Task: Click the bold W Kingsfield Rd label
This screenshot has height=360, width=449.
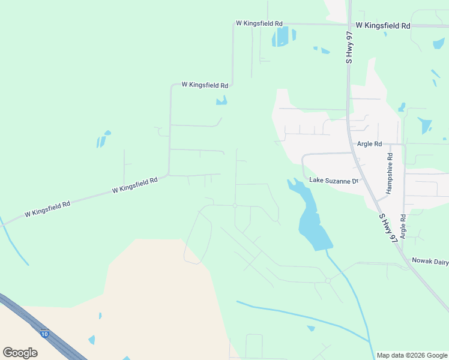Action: [382, 26]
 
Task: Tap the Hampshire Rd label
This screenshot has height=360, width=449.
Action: [389, 177]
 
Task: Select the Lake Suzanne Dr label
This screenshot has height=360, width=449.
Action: [334, 180]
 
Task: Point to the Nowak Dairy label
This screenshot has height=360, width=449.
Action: [430, 260]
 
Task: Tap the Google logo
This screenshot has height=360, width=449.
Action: [20, 353]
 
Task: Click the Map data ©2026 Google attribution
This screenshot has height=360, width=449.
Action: [412, 355]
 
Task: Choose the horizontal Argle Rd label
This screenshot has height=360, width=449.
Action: [369, 144]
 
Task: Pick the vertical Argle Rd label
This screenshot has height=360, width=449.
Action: [403, 227]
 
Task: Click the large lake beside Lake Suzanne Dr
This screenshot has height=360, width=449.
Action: [310, 219]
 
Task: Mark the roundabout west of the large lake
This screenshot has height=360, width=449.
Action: [235, 205]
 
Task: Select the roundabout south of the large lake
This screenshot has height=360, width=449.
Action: [328, 280]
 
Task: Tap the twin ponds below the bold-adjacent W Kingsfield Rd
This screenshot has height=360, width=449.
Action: [283, 37]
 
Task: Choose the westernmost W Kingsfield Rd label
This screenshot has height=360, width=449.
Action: [47, 209]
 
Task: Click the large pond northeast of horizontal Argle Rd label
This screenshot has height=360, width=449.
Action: [425, 125]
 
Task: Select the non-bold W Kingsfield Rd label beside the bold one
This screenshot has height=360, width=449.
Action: [259, 23]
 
